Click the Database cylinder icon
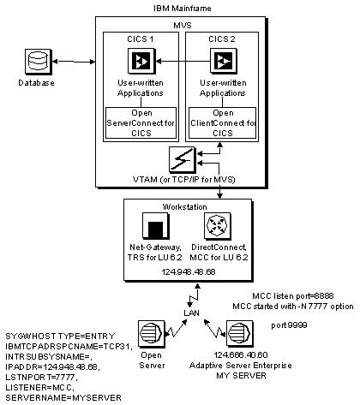tap(38, 62)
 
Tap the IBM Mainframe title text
tap(183, 8)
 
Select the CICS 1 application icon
tap(141, 61)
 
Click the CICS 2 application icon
tap(224, 61)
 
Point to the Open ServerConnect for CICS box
tap(141, 123)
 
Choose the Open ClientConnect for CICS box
tap(222, 123)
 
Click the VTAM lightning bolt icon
tap(183, 159)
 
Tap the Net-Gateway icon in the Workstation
tap(156, 226)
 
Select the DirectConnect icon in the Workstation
tap(218, 226)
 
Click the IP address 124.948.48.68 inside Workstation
tap(189, 271)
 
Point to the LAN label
tap(191, 313)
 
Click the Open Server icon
tap(152, 333)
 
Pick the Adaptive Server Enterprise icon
tap(240, 333)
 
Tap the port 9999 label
tap(289, 325)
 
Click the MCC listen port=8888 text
tap(293, 296)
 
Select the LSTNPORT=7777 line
tap(41, 378)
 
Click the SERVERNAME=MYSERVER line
tap(63, 397)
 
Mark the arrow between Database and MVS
tap(74, 62)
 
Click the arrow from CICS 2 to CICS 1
tap(183, 61)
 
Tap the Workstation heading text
tap(184, 206)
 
